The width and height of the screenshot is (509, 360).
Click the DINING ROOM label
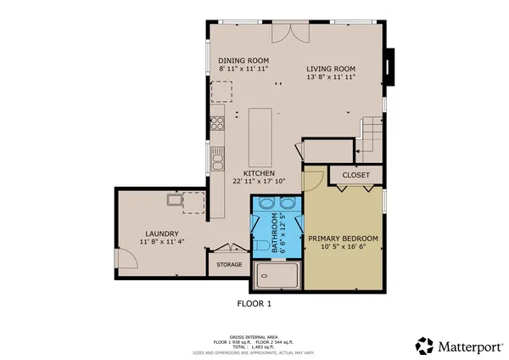pos(243,60)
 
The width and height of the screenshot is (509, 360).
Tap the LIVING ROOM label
pos(331,69)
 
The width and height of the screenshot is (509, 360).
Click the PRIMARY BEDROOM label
pos(343,239)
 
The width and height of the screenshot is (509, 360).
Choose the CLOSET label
pos(355,175)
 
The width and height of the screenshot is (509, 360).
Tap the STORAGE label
pos(229,265)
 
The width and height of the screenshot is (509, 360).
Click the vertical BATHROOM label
pos(274,233)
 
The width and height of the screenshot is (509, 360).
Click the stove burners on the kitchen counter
pos(217,121)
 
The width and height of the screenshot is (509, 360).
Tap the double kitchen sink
pos(217,158)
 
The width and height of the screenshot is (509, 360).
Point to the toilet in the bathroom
pos(259,245)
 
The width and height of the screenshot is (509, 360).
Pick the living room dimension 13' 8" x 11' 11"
pos(331,77)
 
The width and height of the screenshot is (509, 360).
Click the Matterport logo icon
pos(425,345)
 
